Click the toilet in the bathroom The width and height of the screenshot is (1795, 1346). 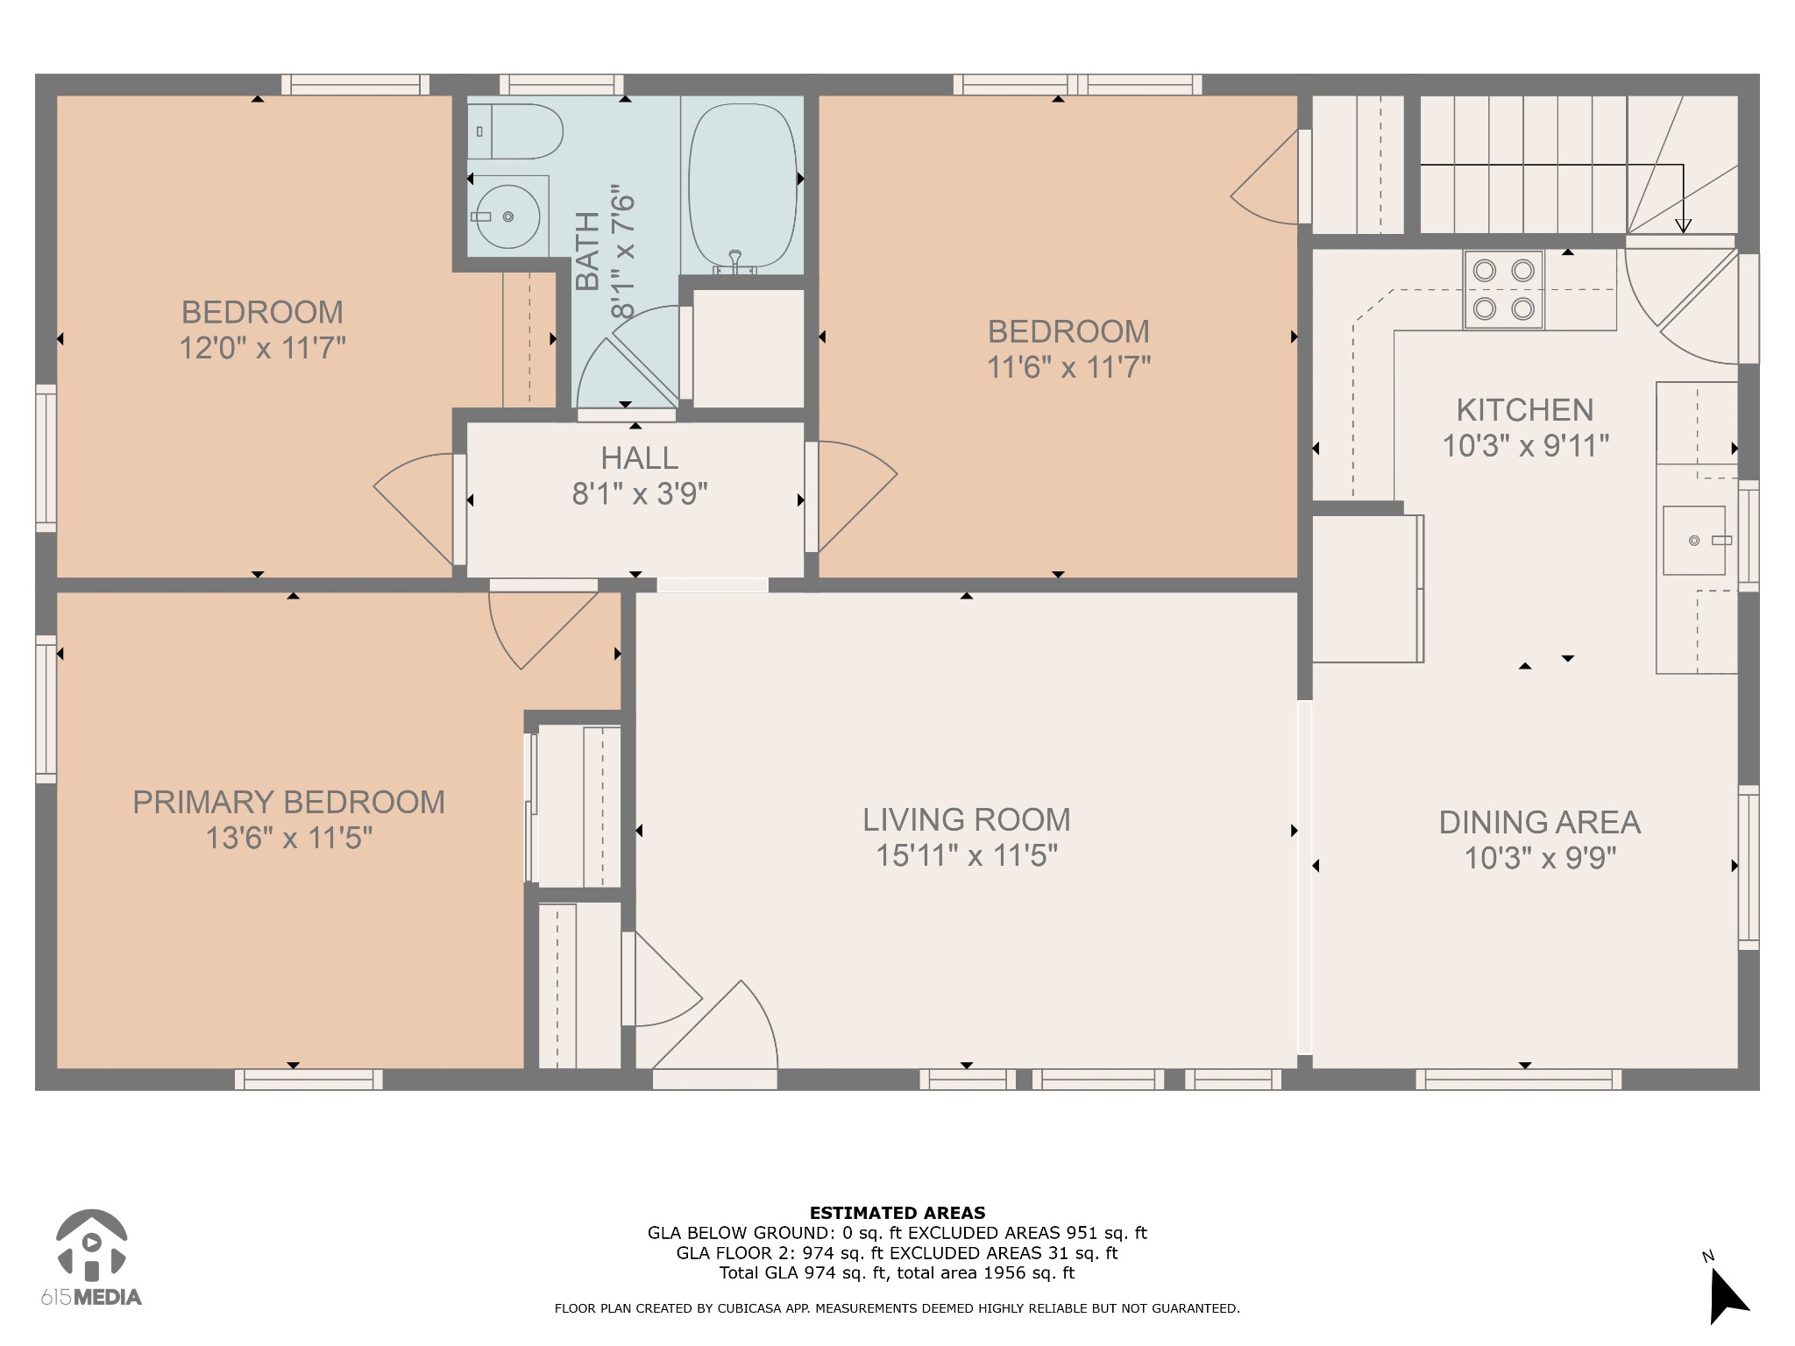coord(514,131)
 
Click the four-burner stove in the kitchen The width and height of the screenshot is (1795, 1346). coord(1503,290)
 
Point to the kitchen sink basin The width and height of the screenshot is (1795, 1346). coord(1694,540)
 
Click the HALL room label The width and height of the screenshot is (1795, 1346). coord(639,458)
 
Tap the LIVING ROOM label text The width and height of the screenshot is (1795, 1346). coord(967,820)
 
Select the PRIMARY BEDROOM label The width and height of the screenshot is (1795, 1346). coord(288,803)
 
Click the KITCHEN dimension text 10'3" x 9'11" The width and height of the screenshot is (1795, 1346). coord(1526,446)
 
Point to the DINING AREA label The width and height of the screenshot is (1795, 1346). coord(1540,823)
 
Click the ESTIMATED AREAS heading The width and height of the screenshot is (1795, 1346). coord(897,1214)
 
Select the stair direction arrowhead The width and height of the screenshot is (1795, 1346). coord(1683,225)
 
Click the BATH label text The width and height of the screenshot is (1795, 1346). coord(587,251)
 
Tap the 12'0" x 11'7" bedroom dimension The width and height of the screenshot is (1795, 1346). coord(263,349)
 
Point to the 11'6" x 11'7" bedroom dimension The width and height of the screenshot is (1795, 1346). coord(1069,367)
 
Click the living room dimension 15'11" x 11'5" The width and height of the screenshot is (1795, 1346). coord(967,855)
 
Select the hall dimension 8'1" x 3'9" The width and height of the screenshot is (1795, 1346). coord(640,495)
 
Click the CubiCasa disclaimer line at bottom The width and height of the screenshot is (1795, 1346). coord(897,1309)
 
